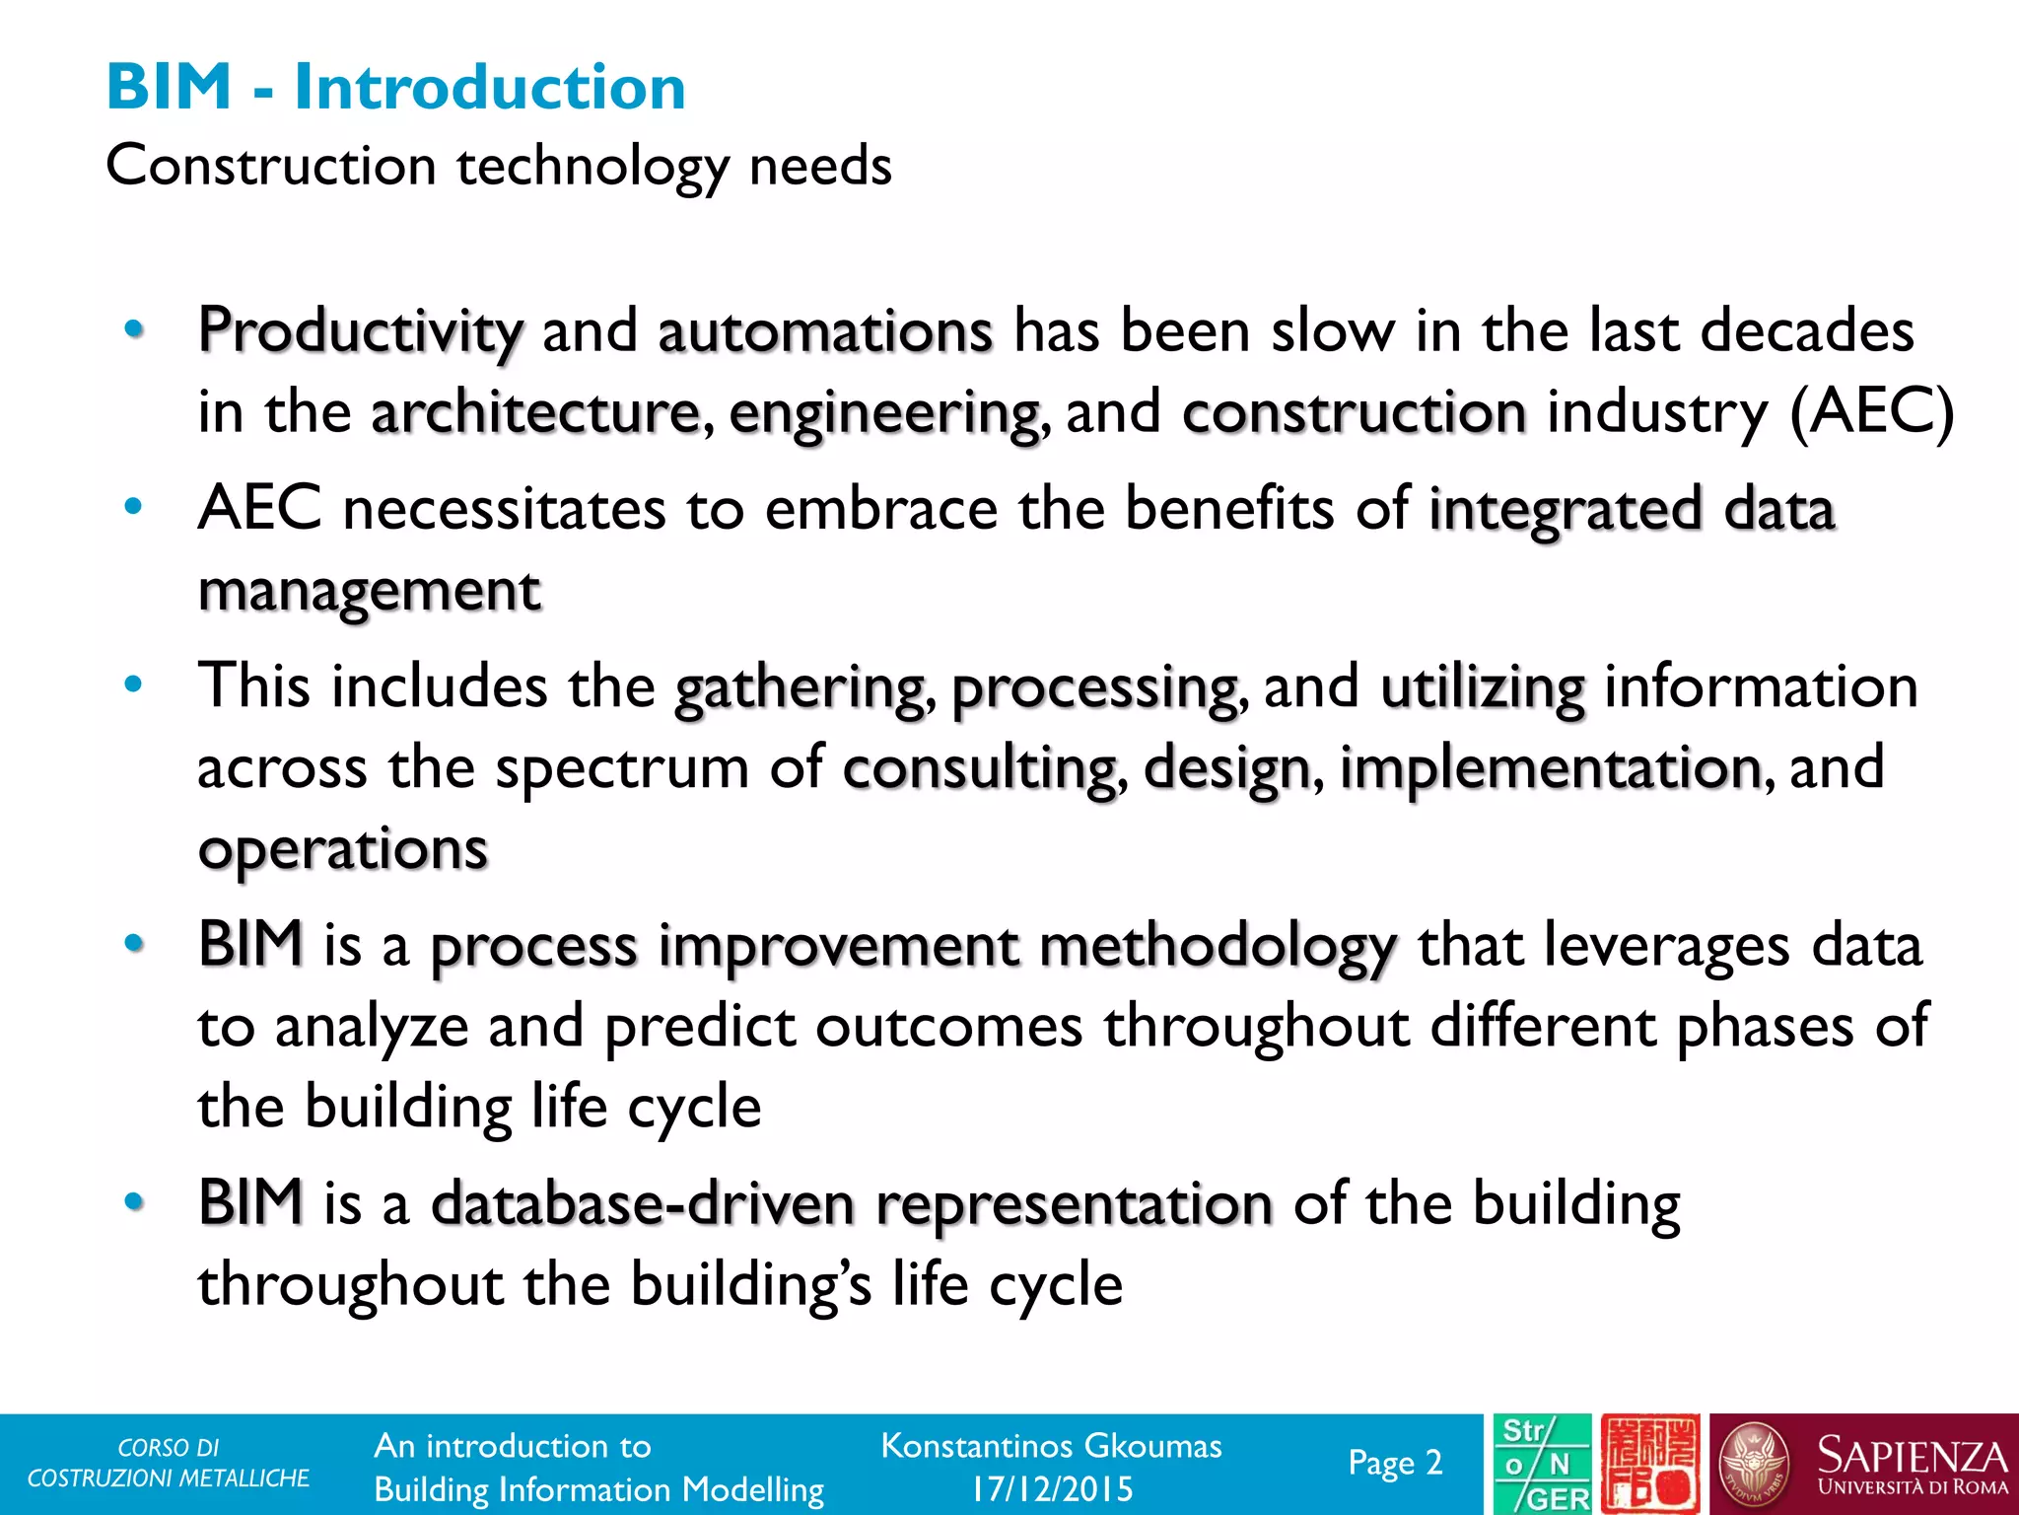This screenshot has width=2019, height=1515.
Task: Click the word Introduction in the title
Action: (x=489, y=87)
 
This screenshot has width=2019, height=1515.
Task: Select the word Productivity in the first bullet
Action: (x=360, y=330)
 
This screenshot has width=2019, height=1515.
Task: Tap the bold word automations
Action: (x=825, y=330)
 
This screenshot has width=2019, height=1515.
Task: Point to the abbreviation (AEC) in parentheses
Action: (x=1870, y=412)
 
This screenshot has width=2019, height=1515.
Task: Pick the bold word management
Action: (x=370, y=592)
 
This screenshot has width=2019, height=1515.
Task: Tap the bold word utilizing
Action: (x=1483, y=687)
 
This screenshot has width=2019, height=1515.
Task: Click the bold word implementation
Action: (x=1551, y=768)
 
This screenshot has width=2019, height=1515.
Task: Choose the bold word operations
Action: (x=343, y=850)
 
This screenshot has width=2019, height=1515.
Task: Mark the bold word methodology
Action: (x=1218, y=947)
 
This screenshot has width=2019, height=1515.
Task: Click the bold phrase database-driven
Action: (x=643, y=1204)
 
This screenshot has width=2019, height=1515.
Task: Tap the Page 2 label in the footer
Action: (x=1395, y=1463)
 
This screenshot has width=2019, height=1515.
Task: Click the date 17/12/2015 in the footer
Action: (x=1052, y=1488)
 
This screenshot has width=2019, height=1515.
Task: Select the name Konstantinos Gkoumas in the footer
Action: (x=1051, y=1446)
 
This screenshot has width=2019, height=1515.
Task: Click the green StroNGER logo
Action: (x=1542, y=1465)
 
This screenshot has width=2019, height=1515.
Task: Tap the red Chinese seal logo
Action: (x=1649, y=1465)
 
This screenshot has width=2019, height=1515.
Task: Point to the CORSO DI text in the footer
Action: (x=168, y=1448)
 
